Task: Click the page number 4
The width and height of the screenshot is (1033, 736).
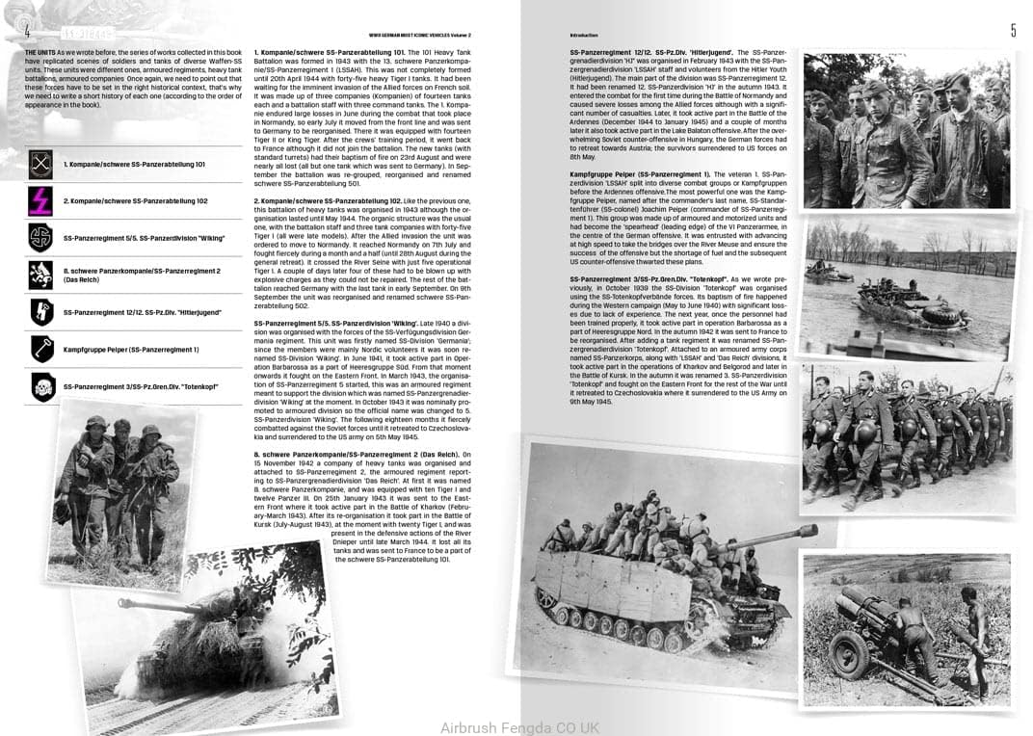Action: [29, 31]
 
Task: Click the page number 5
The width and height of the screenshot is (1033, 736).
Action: [1013, 31]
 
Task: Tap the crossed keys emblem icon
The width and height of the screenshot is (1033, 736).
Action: [40, 165]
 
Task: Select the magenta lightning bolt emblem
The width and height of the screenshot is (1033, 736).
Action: [40, 200]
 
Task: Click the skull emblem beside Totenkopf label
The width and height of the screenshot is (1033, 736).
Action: [40, 386]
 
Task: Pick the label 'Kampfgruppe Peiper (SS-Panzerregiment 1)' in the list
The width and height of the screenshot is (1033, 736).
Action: [131, 350]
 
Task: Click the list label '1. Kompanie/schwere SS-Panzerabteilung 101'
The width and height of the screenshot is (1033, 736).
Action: [135, 165]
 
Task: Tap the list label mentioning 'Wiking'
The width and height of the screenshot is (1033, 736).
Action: [144, 238]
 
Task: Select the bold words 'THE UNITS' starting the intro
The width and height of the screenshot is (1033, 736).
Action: [40, 51]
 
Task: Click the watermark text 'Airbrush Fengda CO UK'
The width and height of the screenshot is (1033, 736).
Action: [519, 727]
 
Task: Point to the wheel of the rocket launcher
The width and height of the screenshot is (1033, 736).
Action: [851, 665]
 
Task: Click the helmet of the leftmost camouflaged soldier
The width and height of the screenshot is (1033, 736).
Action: [95, 423]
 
